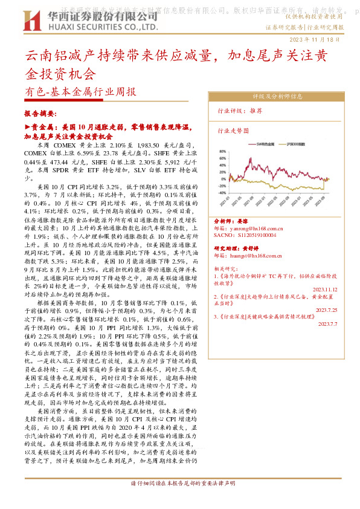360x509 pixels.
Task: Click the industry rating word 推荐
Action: pos(256,111)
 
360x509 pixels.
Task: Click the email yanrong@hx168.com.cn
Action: pos(258,229)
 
